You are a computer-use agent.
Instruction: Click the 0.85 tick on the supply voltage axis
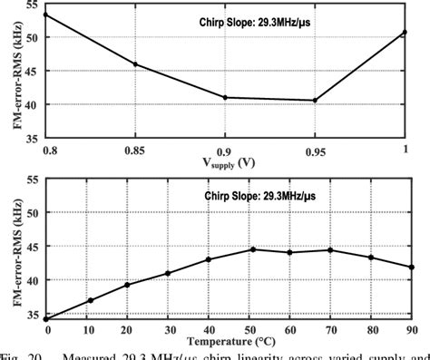pyautogui.click(x=136, y=147)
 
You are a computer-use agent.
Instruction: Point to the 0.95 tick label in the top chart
pyautogui.click(x=314, y=147)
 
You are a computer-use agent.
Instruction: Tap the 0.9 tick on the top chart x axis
pyautogui.click(x=225, y=147)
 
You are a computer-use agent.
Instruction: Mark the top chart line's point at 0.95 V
pyautogui.click(x=315, y=101)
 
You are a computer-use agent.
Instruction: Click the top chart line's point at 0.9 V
pyautogui.click(x=226, y=97)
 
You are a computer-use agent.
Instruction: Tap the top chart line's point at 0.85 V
pyautogui.click(x=136, y=64)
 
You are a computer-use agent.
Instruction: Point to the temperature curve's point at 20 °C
pyautogui.click(x=127, y=285)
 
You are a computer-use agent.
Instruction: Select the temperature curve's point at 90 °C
pyautogui.click(x=412, y=268)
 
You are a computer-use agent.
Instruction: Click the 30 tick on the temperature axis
pyautogui.click(x=167, y=328)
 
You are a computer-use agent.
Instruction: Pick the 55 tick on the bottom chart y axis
pyautogui.click(x=34, y=180)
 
